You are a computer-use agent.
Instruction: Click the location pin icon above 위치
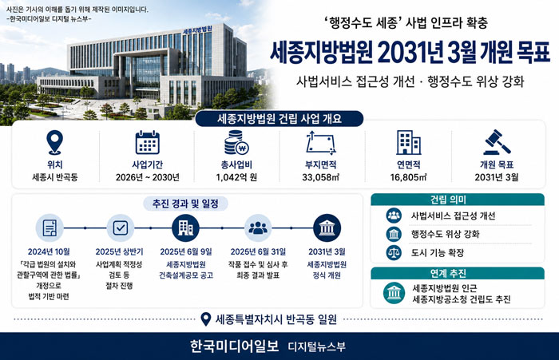(54, 142)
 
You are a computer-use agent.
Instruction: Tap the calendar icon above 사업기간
(147, 143)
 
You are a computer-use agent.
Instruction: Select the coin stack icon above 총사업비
(236, 143)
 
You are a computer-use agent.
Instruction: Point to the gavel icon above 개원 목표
(497, 142)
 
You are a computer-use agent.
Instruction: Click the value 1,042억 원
(236, 177)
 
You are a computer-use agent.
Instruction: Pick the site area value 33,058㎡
(320, 177)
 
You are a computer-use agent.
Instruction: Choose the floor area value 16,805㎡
(408, 177)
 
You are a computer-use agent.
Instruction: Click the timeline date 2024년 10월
(49, 251)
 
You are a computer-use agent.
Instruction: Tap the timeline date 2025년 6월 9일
(186, 251)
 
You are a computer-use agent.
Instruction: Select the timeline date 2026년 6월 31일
(258, 251)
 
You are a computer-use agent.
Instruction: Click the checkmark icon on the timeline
(120, 227)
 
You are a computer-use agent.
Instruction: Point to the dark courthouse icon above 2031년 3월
(327, 227)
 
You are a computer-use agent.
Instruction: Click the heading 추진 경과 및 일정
(185, 204)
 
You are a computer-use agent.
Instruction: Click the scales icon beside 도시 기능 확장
(394, 253)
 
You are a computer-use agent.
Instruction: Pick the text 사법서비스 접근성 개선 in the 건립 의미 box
(453, 216)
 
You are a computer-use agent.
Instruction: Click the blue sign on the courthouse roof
(197, 30)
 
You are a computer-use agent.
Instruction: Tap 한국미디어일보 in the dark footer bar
(234, 346)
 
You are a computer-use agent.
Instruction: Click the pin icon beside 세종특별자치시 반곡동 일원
(206, 319)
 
